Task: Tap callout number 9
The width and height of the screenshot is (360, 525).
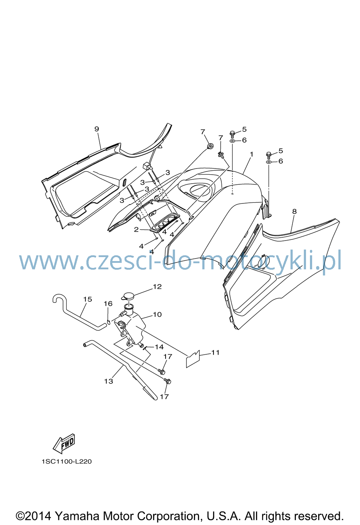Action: (97, 129)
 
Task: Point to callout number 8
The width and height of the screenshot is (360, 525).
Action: (294, 211)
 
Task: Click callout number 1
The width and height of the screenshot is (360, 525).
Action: (252, 154)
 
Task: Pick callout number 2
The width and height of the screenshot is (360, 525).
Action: (136, 230)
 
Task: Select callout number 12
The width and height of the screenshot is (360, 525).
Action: (157, 287)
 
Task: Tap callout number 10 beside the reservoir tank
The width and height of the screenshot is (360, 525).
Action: (157, 314)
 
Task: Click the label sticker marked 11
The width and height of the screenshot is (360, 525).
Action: (193, 361)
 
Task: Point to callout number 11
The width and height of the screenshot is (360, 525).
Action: (215, 353)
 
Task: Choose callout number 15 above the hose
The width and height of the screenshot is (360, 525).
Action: (87, 299)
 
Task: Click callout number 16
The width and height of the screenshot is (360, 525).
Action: (108, 304)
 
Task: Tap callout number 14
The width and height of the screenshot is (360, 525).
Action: (159, 347)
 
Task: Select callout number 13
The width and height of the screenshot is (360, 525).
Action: (108, 381)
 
